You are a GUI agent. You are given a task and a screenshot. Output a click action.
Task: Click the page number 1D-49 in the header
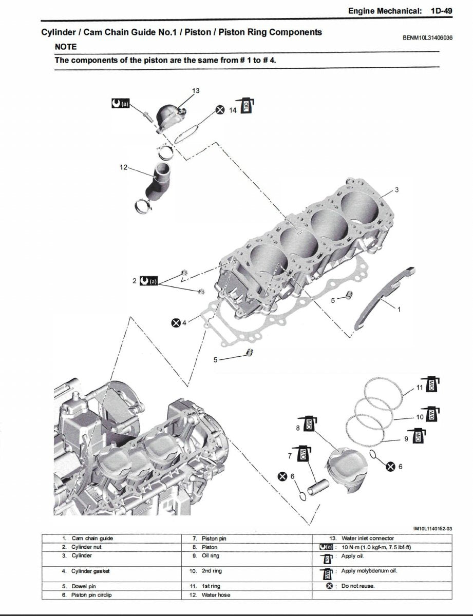(441, 10)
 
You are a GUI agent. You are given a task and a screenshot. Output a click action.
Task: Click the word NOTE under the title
(66, 47)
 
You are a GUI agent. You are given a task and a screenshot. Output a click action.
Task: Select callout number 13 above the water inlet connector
(196, 91)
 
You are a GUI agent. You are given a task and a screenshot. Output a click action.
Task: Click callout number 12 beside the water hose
(123, 167)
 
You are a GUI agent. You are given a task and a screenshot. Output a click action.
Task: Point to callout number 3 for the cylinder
(396, 190)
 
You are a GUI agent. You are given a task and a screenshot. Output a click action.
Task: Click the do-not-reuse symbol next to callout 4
(176, 322)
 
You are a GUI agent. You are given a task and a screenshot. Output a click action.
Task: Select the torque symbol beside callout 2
(149, 281)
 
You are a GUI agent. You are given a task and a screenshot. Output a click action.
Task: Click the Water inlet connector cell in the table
(368, 538)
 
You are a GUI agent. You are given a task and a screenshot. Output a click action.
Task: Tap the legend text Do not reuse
(358, 586)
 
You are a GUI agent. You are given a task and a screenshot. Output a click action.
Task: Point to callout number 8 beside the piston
(297, 427)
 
